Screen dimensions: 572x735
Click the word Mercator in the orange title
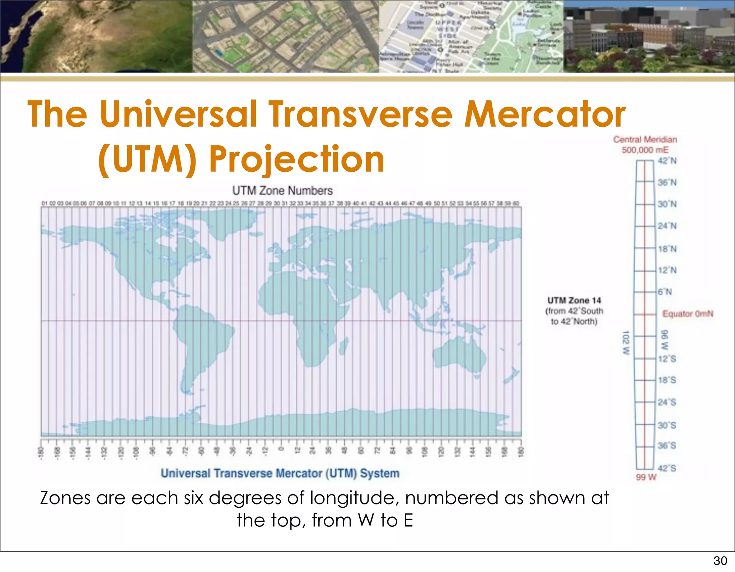coord(545,114)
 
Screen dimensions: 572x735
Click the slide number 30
coord(720,561)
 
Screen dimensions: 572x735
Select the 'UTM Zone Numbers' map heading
coord(282,191)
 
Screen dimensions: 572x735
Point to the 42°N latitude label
coord(667,161)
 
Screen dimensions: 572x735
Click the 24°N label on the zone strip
coord(667,226)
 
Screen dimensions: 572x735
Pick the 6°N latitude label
coord(665,292)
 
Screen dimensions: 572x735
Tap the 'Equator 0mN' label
coord(688,314)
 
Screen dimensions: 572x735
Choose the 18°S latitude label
coord(667,380)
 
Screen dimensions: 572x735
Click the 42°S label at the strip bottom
coord(667,468)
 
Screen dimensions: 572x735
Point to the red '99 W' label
coord(646,477)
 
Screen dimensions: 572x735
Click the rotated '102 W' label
coord(626,343)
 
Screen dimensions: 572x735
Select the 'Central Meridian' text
coord(645,140)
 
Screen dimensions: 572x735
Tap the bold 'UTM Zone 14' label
coord(574,301)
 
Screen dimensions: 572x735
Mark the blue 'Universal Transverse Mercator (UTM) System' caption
coord(280,473)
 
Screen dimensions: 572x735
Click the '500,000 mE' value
coord(645,150)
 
